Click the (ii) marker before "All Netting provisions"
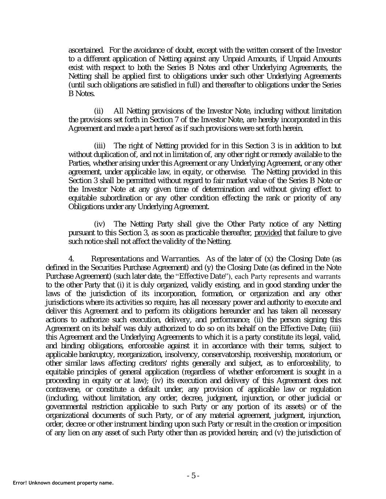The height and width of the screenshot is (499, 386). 99,111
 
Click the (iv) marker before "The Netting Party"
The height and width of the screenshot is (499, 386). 100,224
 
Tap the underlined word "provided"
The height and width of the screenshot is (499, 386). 268,233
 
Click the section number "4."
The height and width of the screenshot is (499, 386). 72,259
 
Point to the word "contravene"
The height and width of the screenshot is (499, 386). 62,389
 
